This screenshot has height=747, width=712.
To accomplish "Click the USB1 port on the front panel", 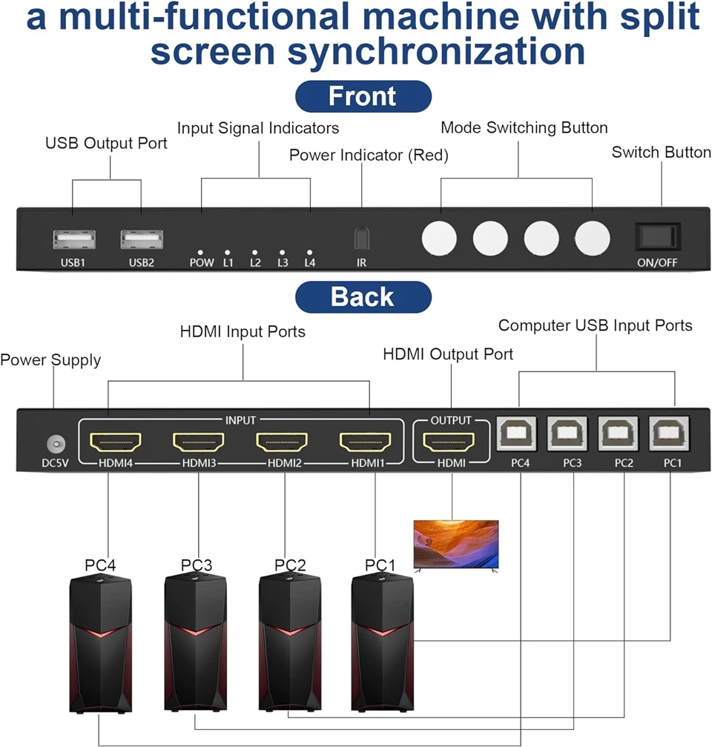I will pyautogui.click(x=74, y=239).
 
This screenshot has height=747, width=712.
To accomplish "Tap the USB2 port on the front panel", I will pyautogui.click(x=142, y=239).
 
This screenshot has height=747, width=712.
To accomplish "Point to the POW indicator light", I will pyautogui.click(x=201, y=253).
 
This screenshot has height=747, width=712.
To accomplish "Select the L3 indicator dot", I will pyautogui.click(x=283, y=253).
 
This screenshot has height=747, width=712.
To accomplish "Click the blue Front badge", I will pyautogui.click(x=363, y=97).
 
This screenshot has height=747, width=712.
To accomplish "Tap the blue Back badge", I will pyautogui.click(x=363, y=296).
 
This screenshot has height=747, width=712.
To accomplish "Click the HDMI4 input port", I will pyautogui.click(x=115, y=443).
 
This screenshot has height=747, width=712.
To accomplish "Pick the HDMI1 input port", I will pyautogui.click(x=366, y=443).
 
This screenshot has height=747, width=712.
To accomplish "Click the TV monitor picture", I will pyautogui.click(x=456, y=544).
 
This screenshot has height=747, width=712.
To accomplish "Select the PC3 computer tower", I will pyautogui.click(x=196, y=645).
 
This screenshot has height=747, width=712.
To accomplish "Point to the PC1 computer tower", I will pyautogui.click(x=383, y=645).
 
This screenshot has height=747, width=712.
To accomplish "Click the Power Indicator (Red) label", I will pyautogui.click(x=369, y=156).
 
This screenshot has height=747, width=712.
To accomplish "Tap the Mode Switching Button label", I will pyautogui.click(x=524, y=127).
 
